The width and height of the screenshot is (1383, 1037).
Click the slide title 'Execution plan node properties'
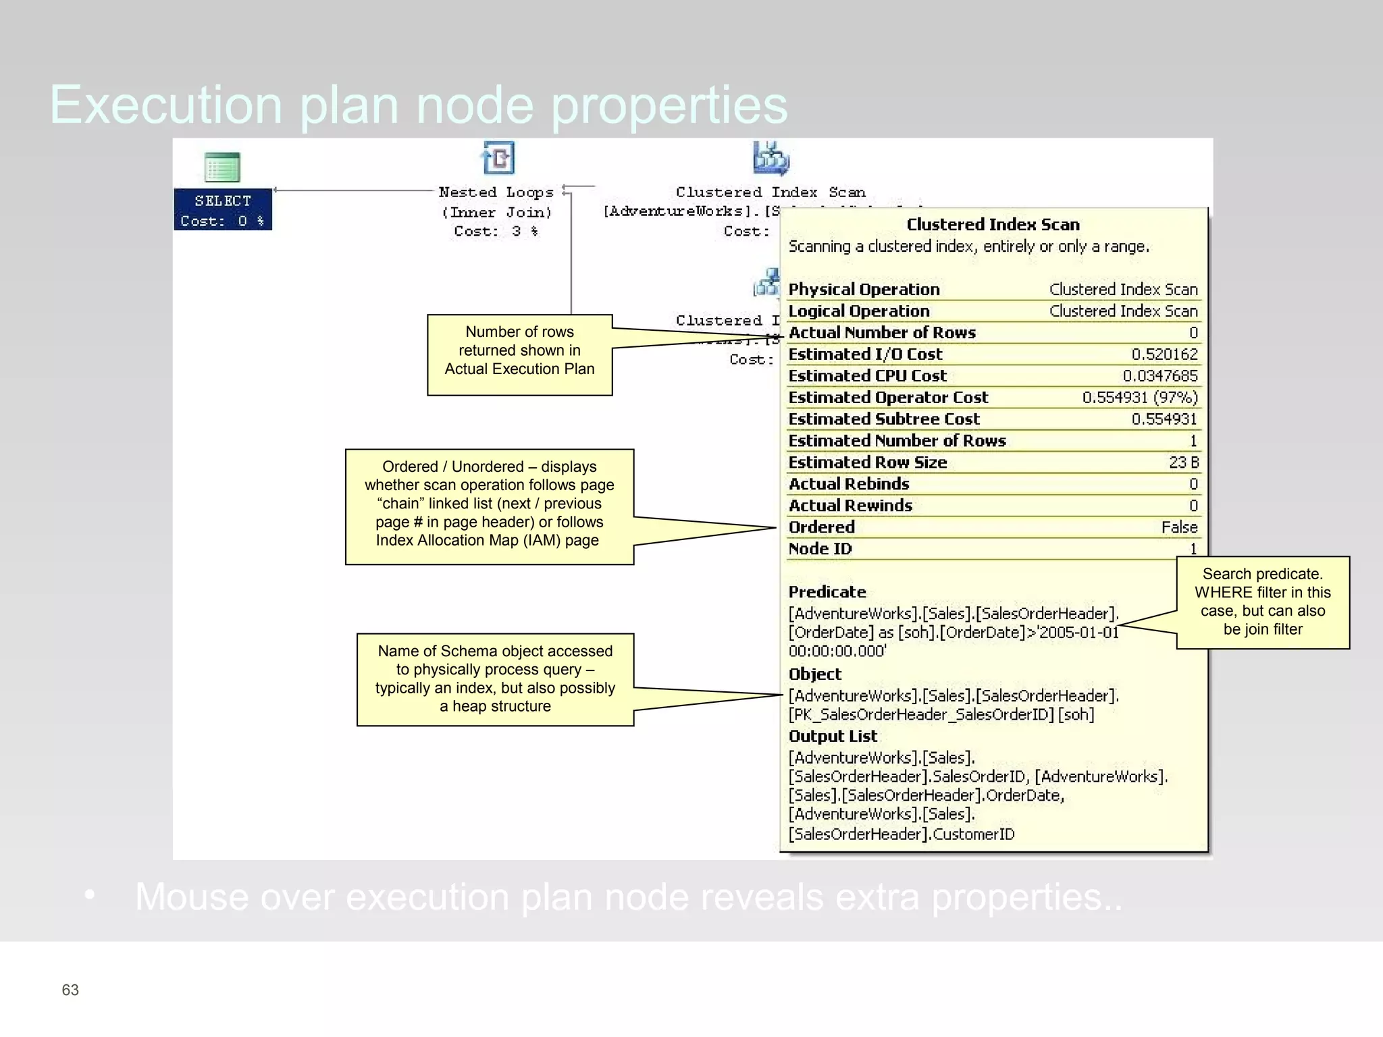[x=419, y=105]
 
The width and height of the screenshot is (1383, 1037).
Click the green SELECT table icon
[x=222, y=167]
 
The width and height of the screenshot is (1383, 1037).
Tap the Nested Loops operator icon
[x=499, y=158]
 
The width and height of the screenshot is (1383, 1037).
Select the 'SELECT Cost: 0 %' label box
[x=223, y=210]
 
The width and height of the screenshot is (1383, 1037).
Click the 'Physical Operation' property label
[x=864, y=290]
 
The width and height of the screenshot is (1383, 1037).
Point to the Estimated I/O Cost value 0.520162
[x=1164, y=354]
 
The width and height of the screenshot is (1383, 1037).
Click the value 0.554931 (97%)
[x=1139, y=398]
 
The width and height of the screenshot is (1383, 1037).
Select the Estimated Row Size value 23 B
[x=1183, y=462]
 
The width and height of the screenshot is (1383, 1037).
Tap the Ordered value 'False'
[x=1179, y=527]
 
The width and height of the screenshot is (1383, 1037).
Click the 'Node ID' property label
[x=820, y=549]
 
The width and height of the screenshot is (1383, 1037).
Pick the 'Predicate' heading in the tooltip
[x=827, y=592]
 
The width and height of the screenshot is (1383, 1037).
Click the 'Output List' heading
[x=833, y=737]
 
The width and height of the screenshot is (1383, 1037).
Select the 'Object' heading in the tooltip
[x=815, y=674]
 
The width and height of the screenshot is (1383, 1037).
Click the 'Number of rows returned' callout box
[x=519, y=354]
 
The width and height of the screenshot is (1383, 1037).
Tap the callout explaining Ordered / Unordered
[x=489, y=506]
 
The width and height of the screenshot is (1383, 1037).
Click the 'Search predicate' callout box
[x=1262, y=602]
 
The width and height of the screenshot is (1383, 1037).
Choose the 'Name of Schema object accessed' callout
[x=495, y=679]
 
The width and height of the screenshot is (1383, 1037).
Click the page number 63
[x=70, y=990]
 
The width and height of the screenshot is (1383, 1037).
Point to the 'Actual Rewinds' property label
[x=850, y=506]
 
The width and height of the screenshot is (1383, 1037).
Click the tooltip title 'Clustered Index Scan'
[x=993, y=225]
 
